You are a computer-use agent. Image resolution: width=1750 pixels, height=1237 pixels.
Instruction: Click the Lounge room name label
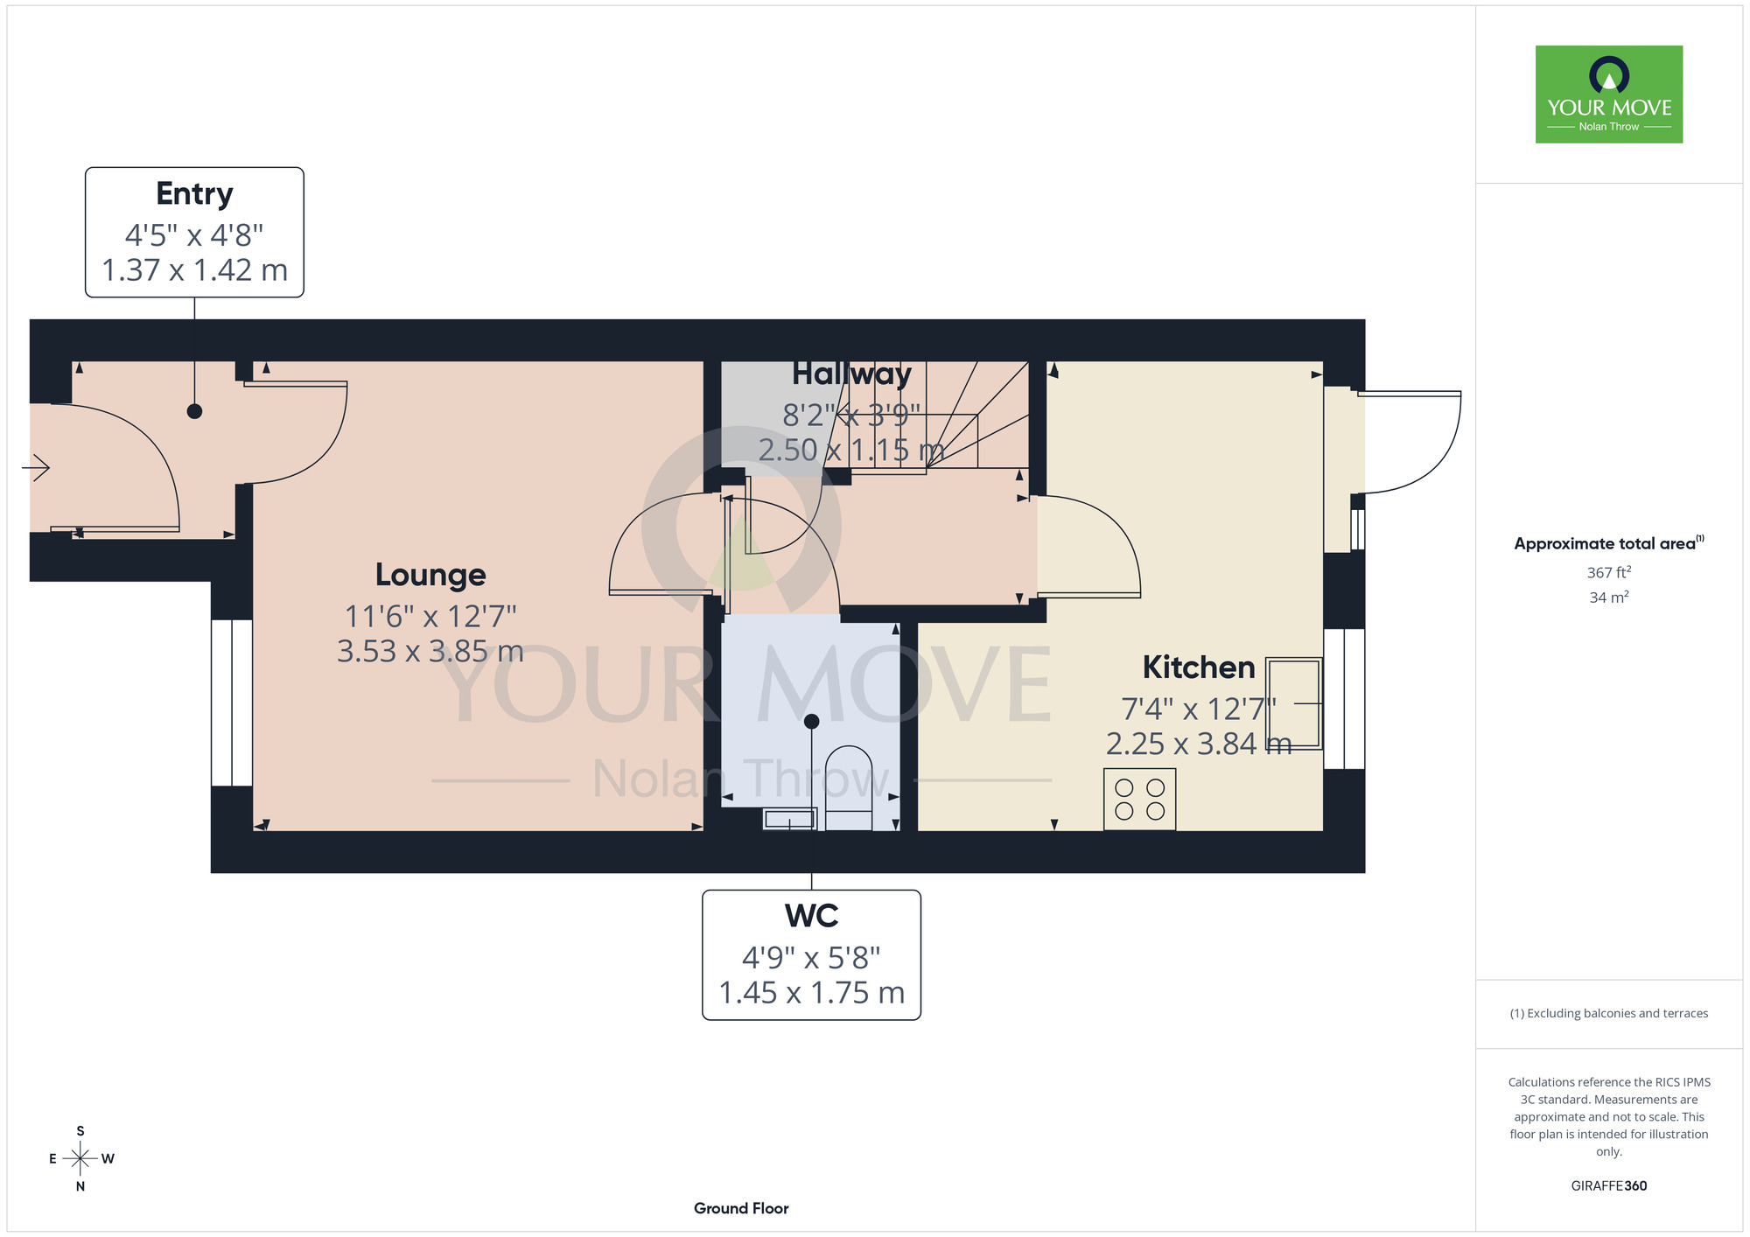point(430,575)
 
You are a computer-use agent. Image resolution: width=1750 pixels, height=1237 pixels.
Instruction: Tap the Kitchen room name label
point(1199,667)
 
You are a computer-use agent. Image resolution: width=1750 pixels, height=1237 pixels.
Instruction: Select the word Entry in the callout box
point(194,194)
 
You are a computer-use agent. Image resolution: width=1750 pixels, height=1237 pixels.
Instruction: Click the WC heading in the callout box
point(812,916)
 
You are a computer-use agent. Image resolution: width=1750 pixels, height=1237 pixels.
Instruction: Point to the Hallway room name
point(851,374)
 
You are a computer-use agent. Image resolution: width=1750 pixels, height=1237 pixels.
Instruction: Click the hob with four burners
point(1139,800)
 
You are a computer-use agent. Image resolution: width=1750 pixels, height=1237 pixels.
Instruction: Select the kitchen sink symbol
point(1294,703)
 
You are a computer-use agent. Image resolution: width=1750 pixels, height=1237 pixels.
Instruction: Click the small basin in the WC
point(790,820)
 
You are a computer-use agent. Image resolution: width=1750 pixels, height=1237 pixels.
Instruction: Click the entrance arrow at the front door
point(36,468)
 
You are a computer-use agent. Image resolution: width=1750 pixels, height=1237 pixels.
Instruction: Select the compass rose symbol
point(80,1159)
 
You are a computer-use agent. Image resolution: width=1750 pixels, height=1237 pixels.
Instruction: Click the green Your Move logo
point(1609,94)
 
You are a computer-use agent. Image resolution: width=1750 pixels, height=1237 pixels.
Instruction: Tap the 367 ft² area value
point(1609,572)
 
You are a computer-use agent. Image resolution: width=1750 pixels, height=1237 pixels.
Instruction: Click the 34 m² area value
point(1609,598)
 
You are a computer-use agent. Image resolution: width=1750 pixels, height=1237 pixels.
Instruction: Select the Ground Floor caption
point(741,1208)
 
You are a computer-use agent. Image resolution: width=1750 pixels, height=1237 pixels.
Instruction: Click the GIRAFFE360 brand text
point(1609,1186)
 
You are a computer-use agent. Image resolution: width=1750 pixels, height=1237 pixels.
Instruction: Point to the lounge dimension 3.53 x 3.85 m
point(430,652)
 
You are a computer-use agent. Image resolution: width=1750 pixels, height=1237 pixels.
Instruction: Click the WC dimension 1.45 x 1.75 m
point(812,993)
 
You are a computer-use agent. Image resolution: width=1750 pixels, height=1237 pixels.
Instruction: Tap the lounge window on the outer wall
point(232,703)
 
